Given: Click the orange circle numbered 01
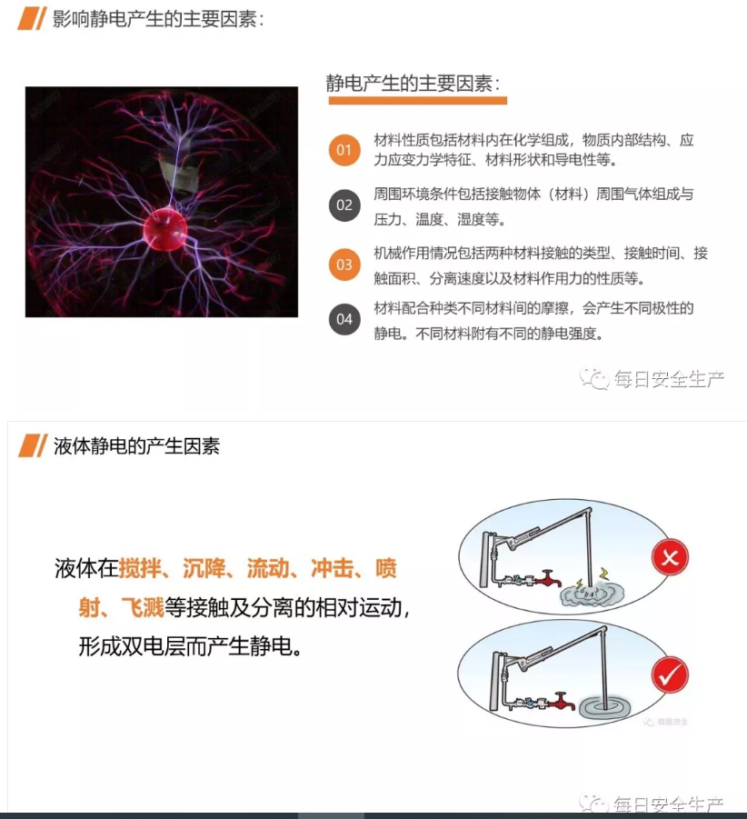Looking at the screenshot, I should point(344,149).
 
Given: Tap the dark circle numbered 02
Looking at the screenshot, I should point(344,205).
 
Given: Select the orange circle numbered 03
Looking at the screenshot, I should point(344,265).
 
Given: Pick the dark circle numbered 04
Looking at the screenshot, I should point(344,319).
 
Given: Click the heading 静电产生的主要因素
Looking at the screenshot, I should point(414,84).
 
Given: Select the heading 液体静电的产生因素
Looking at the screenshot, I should point(135,446).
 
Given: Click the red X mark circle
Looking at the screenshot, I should point(670,557).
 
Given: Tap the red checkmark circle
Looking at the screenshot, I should point(670,675).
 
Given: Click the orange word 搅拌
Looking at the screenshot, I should point(139,570).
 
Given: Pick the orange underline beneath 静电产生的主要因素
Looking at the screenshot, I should point(417,101).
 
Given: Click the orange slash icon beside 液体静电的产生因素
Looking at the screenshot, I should point(32,446).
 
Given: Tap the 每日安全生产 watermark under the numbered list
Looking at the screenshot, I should point(656,379).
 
